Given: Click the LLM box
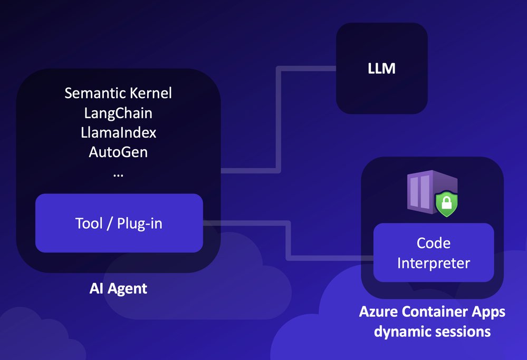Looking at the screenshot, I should click(x=381, y=69).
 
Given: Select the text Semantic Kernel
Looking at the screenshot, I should click(x=118, y=93).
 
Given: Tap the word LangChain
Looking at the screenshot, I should click(x=118, y=113).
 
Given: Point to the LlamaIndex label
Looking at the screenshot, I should click(x=118, y=132).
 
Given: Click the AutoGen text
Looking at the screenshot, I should click(x=118, y=152).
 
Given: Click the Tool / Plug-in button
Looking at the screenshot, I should click(x=119, y=223).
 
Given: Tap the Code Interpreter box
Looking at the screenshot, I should click(x=433, y=252).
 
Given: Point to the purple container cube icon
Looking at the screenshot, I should click(x=425, y=192).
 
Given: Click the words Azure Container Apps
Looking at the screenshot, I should click(x=432, y=312).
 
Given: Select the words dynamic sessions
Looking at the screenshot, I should click(x=432, y=332).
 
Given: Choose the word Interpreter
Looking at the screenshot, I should click(x=433, y=262).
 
